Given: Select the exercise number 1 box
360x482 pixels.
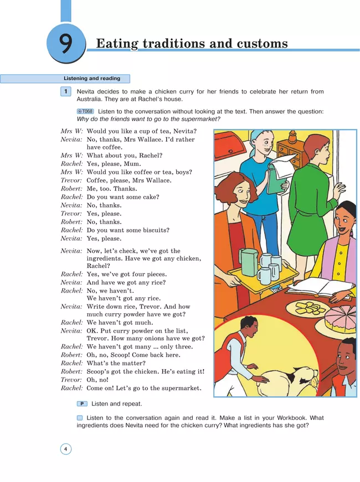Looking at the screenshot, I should (x=66, y=91).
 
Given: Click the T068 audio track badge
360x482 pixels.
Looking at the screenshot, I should (x=85, y=112).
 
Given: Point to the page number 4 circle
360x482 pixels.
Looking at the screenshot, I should (x=66, y=449).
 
